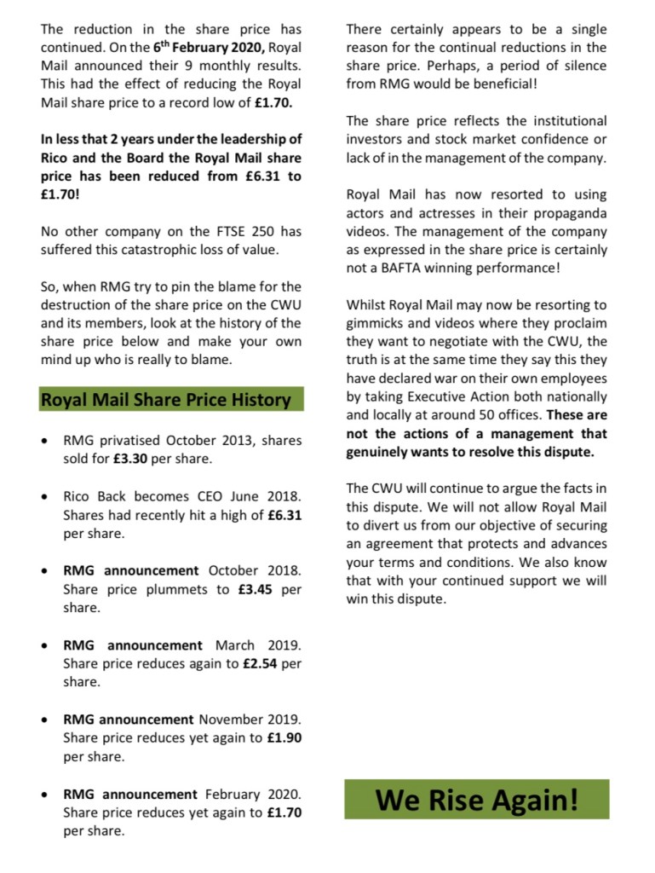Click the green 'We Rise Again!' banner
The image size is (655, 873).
[x=476, y=800]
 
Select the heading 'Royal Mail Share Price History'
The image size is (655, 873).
[x=165, y=399]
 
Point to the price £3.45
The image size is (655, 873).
[x=256, y=589]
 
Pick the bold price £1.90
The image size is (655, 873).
[x=283, y=737]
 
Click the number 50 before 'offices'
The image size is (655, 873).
[x=500, y=415]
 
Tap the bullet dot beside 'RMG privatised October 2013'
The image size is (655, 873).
[x=44, y=442]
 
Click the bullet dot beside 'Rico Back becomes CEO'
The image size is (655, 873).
[x=44, y=496]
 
